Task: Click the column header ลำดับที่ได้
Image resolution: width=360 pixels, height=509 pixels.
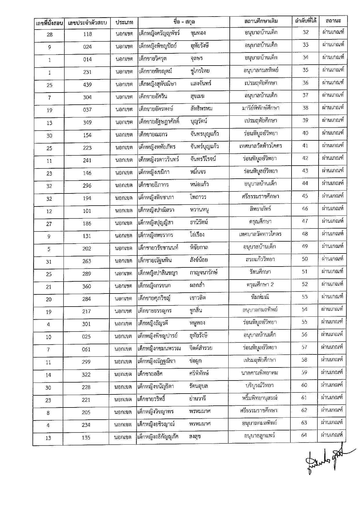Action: pyautogui.click(x=305, y=21)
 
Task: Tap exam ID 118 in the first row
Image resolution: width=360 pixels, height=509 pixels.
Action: pyautogui.click(x=87, y=34)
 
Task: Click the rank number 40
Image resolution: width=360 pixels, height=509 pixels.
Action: pyautogui.click(x=305, y=133)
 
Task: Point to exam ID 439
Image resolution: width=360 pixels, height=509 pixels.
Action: pyautogui.click(x=87, y=85)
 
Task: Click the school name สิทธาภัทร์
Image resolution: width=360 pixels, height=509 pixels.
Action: pyautogui.click(x=260, y=209)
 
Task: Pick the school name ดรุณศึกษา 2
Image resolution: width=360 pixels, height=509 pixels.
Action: pyautogui.click(x=260, y=285)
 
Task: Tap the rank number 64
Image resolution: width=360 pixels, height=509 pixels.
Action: pyautogui.click(x=304, y=435)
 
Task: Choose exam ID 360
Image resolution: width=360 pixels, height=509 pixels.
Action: pyautogui.click(x=87, y=287)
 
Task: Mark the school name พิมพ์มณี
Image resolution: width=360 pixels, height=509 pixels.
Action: pyautogui.click(x=260, y=297)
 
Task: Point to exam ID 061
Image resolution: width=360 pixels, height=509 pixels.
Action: pyautogui.click(x=86, y=349)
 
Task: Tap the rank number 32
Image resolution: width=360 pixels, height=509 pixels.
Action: pyautogui.click(x=306, y=32)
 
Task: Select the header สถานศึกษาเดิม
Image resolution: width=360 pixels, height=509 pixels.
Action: pyautogui.click(x=261, y=21)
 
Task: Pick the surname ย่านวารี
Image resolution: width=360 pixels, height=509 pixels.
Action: pyautogui.click(x=198, y=398)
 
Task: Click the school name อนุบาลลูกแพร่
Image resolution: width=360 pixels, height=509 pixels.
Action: pyautogui.click(x=259, y=436)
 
